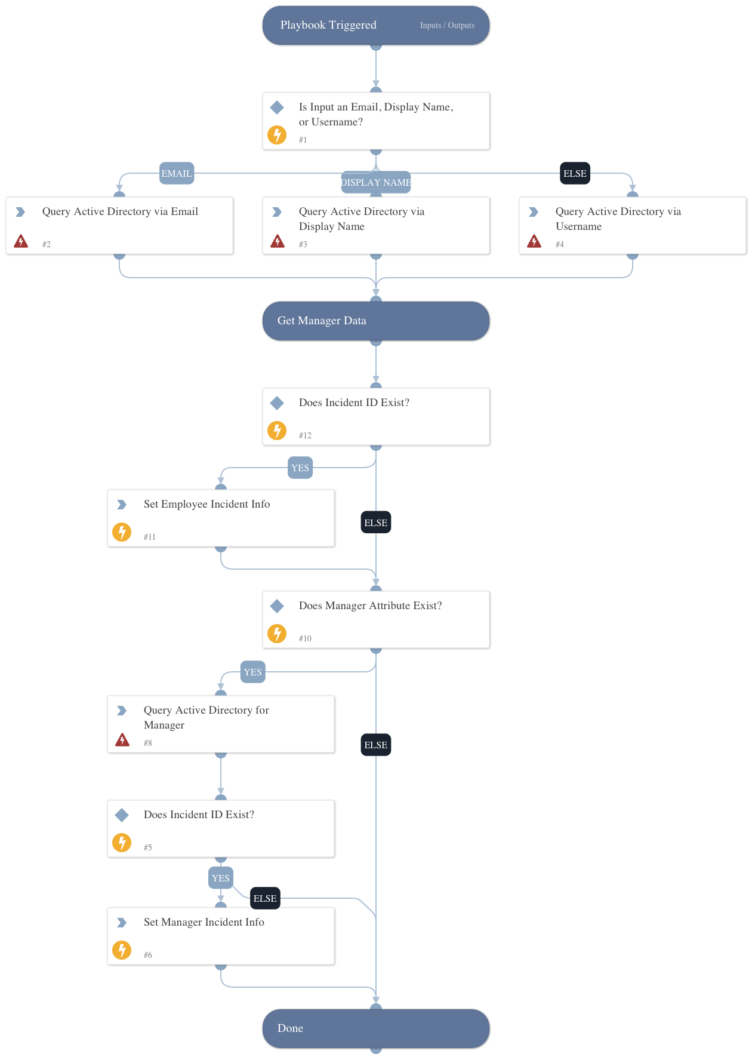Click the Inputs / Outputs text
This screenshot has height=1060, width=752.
[x=447, y=26]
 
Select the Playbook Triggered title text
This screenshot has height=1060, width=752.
[x=328, y=25]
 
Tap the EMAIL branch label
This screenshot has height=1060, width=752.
[x=177, y=174]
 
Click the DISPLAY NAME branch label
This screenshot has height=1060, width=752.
[x=376, y=183]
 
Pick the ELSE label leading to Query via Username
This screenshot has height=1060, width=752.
[x=575, y=174]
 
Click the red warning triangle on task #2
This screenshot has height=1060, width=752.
[x=21, y=241]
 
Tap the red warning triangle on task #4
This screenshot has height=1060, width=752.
[x=534, y=241]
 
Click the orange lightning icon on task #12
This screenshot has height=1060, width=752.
[x=277, y=430]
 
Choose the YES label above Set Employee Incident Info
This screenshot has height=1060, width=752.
[x=300, y=468]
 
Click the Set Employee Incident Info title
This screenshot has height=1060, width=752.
[x=207, y=505]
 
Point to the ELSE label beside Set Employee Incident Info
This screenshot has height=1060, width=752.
[x=376, y=523]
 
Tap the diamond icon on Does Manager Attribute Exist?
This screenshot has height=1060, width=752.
[x=277, y=606]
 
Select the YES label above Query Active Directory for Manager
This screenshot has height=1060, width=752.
[x=253, y=672]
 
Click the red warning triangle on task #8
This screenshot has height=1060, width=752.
[x=122, y=741]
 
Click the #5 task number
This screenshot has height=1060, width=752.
[x=148, y=847]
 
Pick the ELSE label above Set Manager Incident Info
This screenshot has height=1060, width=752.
[x=265, y=899]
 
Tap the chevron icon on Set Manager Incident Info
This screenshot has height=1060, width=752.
[x=122, y=923]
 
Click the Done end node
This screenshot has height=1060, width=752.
[x=376, y=1028]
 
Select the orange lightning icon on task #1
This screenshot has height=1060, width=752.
[x=277, y=134]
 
